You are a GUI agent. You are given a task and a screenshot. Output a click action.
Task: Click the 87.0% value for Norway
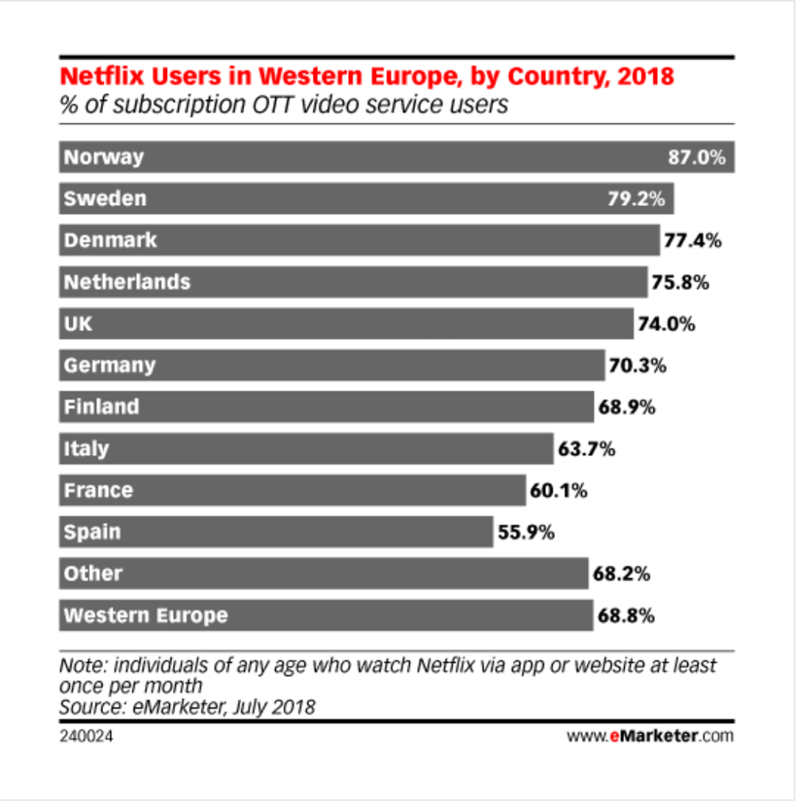coord(696,157)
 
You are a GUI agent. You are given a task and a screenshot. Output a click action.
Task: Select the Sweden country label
coord(105,198)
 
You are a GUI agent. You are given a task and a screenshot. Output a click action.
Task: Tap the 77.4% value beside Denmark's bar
coord(692,240)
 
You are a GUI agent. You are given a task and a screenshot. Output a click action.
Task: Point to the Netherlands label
coord(127,281)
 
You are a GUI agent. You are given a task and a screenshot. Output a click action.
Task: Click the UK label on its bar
coord(78,323)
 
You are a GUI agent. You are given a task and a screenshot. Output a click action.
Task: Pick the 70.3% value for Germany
coord(637,365)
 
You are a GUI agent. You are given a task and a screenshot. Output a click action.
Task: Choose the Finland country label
coord(101,407)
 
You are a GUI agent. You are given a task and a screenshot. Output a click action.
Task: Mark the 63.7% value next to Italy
coord(586,449)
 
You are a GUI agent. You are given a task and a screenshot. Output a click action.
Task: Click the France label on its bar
coord(98,490)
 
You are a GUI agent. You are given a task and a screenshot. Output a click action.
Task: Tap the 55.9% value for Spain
coord(526,532)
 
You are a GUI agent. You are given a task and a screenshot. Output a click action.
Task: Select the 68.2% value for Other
coord(622,573)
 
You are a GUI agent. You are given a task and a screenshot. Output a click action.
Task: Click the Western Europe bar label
coord(145,615)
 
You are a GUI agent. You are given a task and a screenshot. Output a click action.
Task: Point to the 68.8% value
coord(626,615)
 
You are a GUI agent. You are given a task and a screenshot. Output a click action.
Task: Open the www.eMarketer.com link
coord(650,736)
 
